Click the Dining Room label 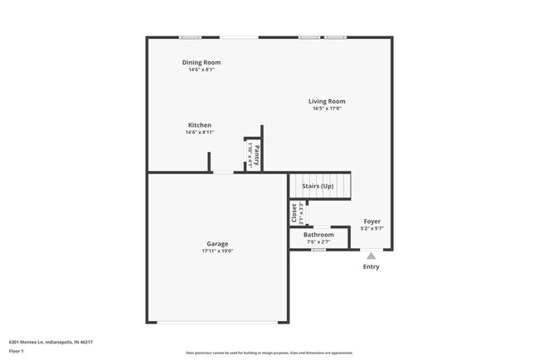[x=202, y=62]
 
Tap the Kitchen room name [x=199, y=125]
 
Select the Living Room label [x=327, y=101]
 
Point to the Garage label [x=218, y=244]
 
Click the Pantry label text [x=257, y=156]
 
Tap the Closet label [x=294, y=213]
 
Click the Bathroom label [x=318, y=235]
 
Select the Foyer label [x=372, y=221]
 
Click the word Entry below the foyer [x=371, y=266]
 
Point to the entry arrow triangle [x=371, y=256]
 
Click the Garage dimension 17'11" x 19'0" [x=218, y=251]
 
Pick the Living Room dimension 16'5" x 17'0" [x=327, y=109]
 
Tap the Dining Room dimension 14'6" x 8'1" [x=202, y=70]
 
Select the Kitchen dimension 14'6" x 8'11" [x=199, y=133]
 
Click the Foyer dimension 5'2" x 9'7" [x=372, y=229]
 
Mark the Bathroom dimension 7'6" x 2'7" [x=318, y=242]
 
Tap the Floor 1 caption [x=17, y=351]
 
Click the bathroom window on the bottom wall [x=318, y=250]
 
